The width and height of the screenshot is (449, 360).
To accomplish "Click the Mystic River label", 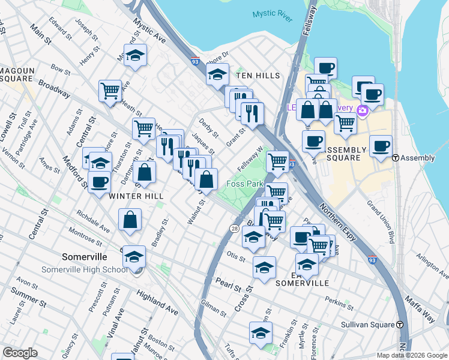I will pos(272,15).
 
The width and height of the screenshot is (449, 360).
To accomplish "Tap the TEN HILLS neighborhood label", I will pos(258,76).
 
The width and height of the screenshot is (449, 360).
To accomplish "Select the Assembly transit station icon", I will pos(396,158).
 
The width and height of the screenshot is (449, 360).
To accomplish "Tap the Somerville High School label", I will pos(84,269).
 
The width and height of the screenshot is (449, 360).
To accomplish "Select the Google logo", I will pos(20,353).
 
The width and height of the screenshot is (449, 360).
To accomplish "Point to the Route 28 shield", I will pos(234,228).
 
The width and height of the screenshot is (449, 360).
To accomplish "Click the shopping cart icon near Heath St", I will pos(110,91).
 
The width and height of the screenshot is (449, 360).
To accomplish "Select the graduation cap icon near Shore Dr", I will pos(218,74).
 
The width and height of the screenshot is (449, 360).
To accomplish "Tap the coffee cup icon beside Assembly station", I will pos(381,146).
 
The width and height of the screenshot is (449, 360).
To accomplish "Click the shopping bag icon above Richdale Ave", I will pos(130,220).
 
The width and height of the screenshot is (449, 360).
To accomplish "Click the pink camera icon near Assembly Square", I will pos(362,110).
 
